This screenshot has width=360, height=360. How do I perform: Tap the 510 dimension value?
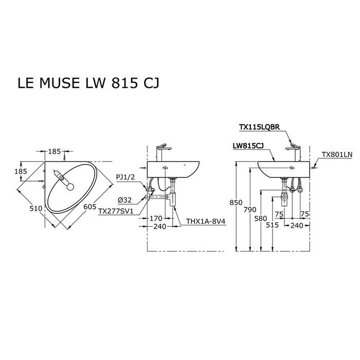click(x=35, y=209)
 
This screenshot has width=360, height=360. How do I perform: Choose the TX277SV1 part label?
click(x=116, y=211)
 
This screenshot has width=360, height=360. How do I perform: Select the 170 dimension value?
click(x=156, y=218)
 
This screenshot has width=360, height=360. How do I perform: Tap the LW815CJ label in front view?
click(x=248, y=146)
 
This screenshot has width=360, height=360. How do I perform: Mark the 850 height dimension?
click(x=236, y=203)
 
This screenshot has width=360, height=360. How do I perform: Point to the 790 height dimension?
click(x=249, y=209)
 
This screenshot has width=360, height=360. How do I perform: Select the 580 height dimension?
click(x=261, y=218)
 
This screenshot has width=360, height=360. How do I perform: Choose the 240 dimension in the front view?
click(x=297, y=225)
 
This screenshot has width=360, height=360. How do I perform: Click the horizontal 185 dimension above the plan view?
click(x=55, y=152)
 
